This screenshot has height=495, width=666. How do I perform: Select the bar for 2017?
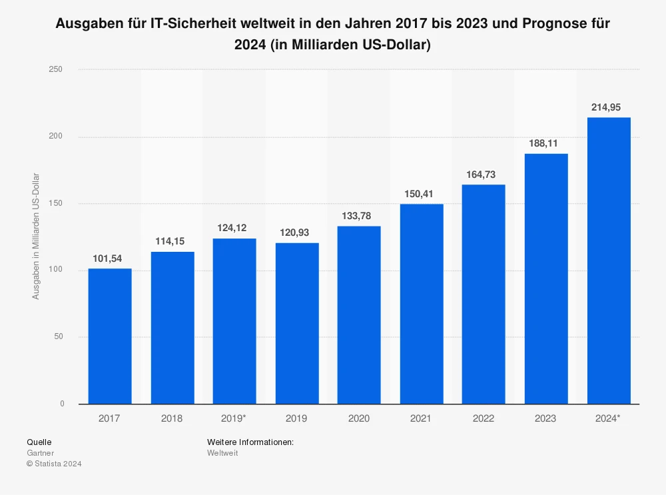110,336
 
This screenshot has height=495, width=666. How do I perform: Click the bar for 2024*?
608,260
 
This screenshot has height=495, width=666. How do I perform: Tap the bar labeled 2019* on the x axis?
234,321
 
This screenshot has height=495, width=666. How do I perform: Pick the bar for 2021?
422,304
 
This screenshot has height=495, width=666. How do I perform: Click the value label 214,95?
608,107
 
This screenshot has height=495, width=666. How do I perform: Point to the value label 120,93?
297,233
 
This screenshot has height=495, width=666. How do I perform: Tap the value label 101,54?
110,258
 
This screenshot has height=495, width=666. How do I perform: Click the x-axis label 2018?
172,418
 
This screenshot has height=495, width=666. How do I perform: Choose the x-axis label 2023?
546,418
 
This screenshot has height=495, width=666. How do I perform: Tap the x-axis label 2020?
359,418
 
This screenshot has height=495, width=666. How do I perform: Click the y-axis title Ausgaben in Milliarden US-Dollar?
36,237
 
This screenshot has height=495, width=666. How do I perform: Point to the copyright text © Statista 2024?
54,464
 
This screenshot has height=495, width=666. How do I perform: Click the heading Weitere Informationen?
250,442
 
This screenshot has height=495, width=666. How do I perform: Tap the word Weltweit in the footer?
222,453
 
